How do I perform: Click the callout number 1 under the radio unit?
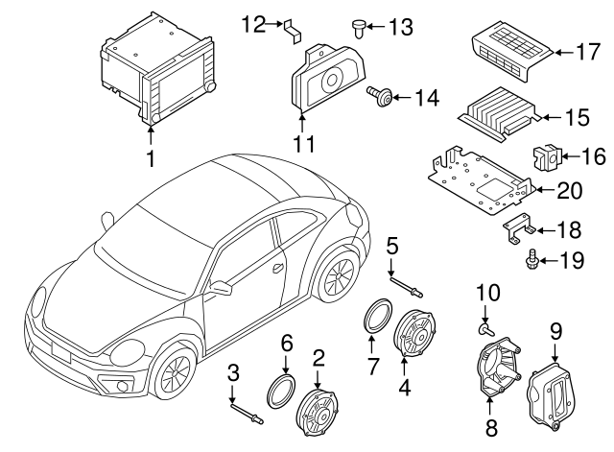coord(150,155)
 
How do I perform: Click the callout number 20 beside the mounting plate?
coord(569,190)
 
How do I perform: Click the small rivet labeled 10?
coord(484,328)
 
